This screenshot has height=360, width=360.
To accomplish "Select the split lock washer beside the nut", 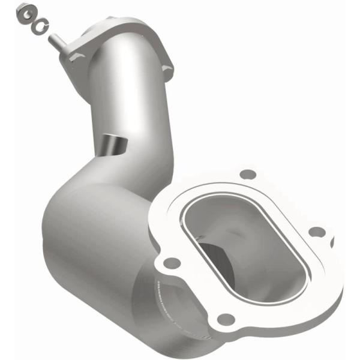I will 39,23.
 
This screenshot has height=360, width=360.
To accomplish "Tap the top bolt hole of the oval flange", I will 244,175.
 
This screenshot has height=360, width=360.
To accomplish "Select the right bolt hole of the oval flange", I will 319,231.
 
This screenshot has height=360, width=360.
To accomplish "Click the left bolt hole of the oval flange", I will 171,262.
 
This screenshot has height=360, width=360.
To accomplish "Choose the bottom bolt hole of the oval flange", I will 225,319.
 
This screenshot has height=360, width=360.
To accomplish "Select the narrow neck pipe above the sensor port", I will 129,96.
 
